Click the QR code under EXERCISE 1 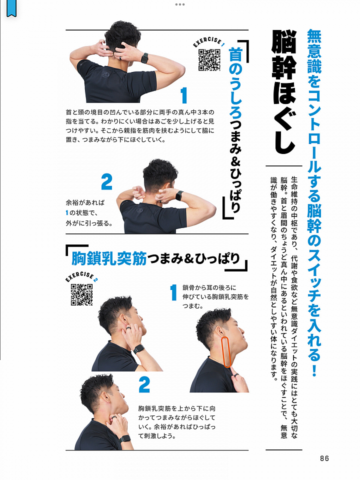(209, 59)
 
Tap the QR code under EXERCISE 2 (81, 294)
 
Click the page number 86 (324, 458)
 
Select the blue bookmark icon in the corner (11, 8)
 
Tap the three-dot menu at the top (180, 4)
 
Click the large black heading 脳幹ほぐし (284, 92)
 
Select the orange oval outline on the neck (226, 352)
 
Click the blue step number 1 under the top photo (183, 95)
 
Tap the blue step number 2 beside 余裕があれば (106, 182)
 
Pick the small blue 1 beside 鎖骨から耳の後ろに (173, 292)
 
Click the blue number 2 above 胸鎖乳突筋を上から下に (144, 385)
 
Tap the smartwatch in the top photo (144, 58)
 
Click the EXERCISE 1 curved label (209, 42)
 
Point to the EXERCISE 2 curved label (81, 276)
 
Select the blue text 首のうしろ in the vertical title (235, 82)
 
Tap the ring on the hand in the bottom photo (114, 417)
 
